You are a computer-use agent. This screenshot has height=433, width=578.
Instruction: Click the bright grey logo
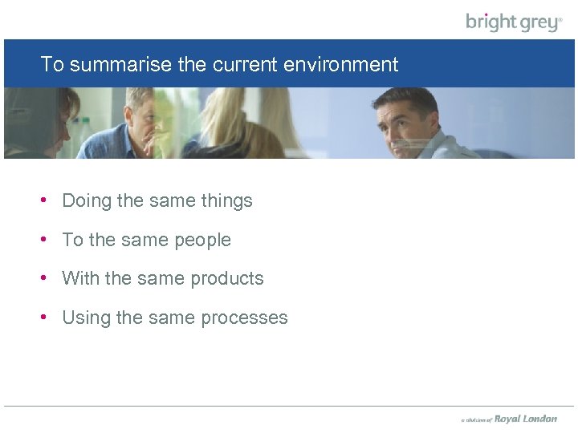pos(514,22)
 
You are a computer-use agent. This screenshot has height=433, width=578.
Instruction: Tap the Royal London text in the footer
pos(525,419)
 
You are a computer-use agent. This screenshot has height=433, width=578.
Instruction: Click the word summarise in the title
pos(120,65)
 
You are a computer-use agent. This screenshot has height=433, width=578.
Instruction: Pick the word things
pos(226,201)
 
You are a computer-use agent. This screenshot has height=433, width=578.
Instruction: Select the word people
pos(203,241)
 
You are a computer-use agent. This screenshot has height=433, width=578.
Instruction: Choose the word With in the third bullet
pos(80,279)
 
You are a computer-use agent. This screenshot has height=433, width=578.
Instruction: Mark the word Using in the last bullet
pos(86,318)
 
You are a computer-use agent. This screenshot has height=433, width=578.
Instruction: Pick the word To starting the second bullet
pos(72,241)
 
